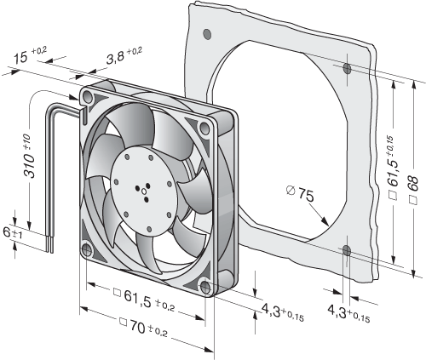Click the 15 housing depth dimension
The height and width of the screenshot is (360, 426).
[x=30, y=55]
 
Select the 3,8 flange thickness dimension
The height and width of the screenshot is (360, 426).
[x=124, y=55]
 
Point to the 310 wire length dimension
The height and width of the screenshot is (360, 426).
[x=30, y=157]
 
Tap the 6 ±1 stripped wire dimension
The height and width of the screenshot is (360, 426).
[x=9, y=232]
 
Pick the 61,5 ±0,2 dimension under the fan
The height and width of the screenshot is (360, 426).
[x=144, y=300]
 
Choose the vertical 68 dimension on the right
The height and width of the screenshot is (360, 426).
[x=414, y=189]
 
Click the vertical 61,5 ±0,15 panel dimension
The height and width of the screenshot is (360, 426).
[x=394, y=168]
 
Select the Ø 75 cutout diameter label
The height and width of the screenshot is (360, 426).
[x=300, y=193]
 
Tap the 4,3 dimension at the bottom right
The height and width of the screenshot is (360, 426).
[x=348, y=313]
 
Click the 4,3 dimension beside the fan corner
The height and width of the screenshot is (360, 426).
[x=283, y=311]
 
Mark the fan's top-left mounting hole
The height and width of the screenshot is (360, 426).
[x=88, y=97]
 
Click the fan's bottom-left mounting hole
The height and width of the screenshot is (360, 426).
[x=86, y=249]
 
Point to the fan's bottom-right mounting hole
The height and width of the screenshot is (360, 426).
[x=205, y=287]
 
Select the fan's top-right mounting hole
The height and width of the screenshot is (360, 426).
[x=204, y=128]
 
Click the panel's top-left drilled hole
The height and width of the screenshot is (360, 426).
[x=207, y=34]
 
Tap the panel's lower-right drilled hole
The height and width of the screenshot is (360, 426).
[x=347, y=250]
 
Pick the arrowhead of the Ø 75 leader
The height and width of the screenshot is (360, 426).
[x=325, y=221]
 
